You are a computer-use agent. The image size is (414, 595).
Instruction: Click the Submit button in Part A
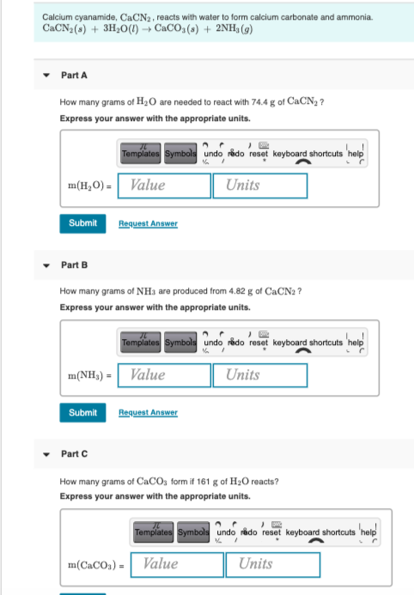(x=82, y=223)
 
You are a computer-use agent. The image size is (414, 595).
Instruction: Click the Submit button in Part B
(x=82, y=412)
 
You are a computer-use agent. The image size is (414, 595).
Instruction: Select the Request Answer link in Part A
(x=148, y=224)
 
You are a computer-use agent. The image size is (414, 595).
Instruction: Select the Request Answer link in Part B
(x=148, y=413)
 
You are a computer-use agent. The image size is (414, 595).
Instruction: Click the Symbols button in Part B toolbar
(x=180, y=342)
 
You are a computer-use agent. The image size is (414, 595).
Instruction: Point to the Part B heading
(x=74, y=264)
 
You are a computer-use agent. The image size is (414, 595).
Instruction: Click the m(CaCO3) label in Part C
(x=96, y=565)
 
